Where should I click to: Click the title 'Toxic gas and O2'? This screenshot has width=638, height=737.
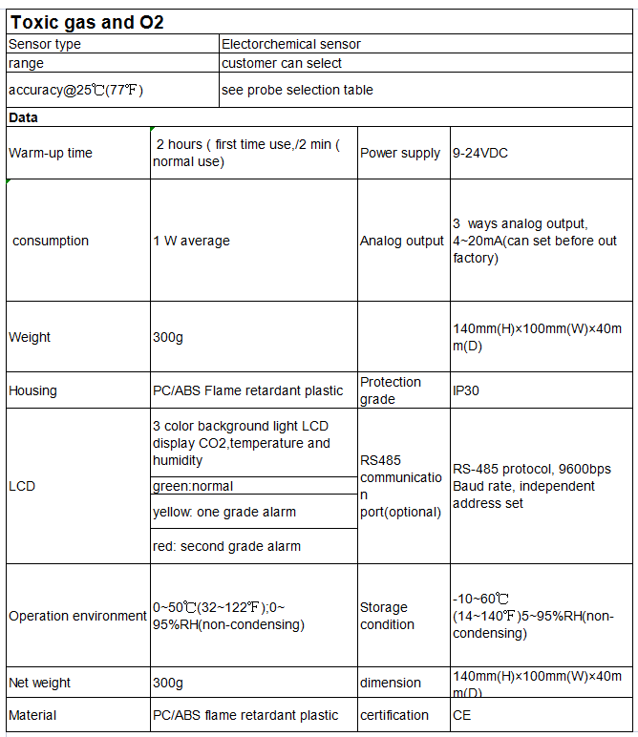[87, 22]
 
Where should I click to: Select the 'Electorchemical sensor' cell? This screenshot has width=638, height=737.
[291, 44]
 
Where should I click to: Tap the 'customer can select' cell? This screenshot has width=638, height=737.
[282, 63]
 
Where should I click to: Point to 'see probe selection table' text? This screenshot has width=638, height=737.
[297, 90]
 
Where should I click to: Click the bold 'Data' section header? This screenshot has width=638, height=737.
[24, 117]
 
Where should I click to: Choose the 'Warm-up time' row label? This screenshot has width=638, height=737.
[51, 153]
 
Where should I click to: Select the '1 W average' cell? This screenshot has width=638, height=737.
[192, 241]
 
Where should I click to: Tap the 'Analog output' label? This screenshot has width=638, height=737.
[402, 241]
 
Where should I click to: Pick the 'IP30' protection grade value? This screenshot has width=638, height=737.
[466, 390]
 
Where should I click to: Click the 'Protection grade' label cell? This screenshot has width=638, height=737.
[391, 390]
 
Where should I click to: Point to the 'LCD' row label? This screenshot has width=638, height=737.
[22, 486]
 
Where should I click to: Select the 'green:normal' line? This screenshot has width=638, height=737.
[193, 486]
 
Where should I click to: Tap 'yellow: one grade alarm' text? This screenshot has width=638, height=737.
[224, 512]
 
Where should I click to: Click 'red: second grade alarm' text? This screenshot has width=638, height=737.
[227, 547]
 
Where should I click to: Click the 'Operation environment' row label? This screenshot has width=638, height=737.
[77, 616]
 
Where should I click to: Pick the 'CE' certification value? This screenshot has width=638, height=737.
[461, 715]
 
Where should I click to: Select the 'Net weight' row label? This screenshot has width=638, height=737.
[40, 683]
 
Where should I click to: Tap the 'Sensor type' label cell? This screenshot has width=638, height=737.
[45, 44]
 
